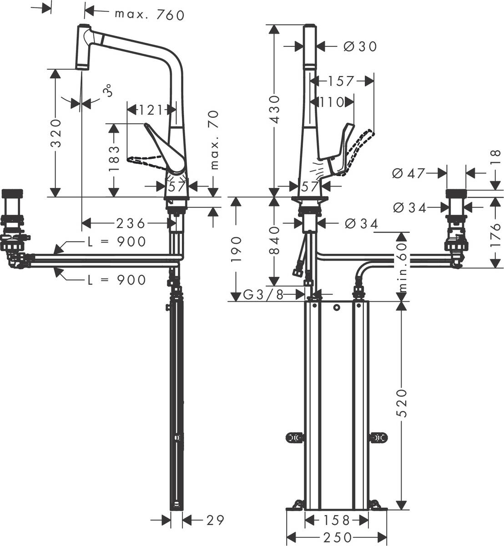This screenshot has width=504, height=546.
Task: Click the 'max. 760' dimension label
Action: point(150,15)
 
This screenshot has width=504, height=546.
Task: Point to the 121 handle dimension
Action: point(151,110)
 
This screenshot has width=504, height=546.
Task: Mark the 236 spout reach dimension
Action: point(131,223)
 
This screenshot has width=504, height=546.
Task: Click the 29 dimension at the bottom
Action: point(215,520)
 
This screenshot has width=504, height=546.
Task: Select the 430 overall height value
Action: point(274,107)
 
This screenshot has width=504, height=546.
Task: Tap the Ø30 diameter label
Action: point(361,46)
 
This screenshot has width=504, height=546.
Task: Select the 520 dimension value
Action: point(401,403)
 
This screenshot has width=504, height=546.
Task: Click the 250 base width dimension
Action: point(337,537)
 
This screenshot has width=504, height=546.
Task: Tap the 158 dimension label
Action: point(337,520)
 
